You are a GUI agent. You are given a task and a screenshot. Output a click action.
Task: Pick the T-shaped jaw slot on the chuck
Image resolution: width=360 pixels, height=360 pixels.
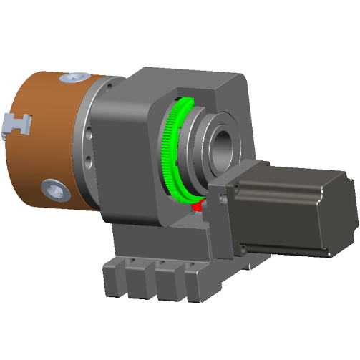tap(18, 123)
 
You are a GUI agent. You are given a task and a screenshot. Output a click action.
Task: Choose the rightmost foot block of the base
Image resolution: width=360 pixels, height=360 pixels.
tap(196, 283)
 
